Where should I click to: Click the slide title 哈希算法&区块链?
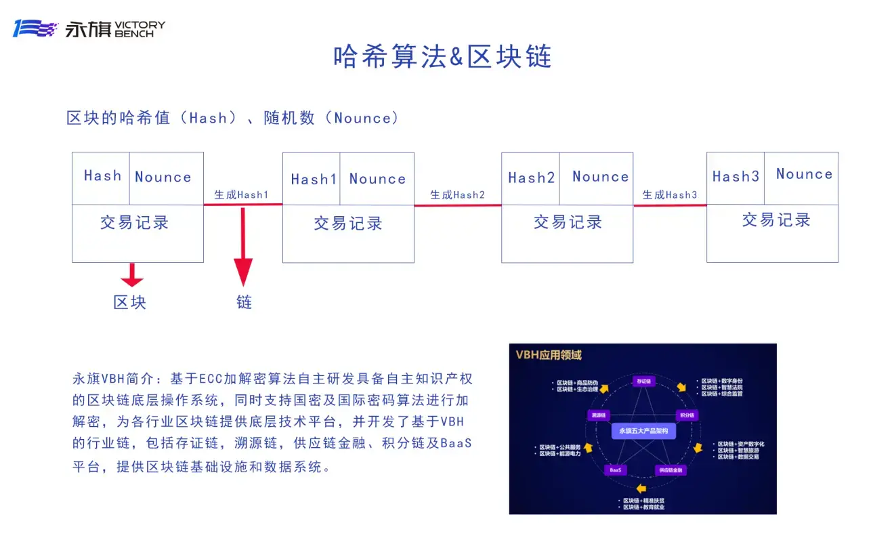point(442,56)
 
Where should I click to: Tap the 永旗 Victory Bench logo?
point(89,28)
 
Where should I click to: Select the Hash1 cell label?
point(314,180)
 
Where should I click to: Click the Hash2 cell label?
point(532,178)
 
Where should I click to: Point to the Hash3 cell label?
point(736,176)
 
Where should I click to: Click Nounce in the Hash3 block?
point(804,174)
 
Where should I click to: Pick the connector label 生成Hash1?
point(242,194)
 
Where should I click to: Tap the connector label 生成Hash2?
point(458,194)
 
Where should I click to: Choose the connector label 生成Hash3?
point(669,194)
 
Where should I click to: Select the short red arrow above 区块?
point(131,275)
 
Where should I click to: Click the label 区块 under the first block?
point(130,302)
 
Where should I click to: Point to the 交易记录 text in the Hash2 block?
point(568,222)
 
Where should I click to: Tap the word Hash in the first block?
point(102,175)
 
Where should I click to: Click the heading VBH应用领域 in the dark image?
point(549,355)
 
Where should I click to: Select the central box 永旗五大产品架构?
point(643,430)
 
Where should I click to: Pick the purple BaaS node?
point(616,470)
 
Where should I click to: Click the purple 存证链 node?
point(643,381)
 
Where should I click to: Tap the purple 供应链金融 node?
point(670,470)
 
